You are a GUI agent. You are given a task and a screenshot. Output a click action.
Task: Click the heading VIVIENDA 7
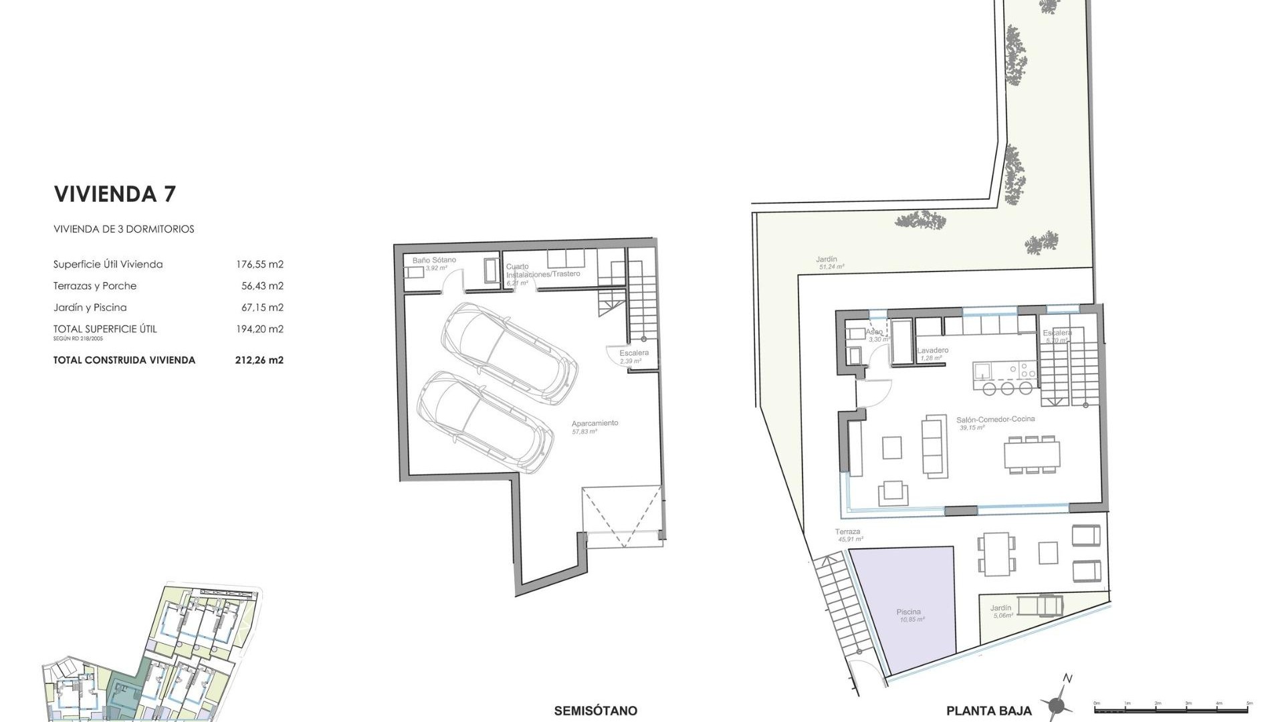[x=114, y=194]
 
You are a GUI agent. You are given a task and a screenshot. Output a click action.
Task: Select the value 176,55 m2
[x=259, y=264]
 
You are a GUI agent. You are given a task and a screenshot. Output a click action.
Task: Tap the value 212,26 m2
[x=259, y=360]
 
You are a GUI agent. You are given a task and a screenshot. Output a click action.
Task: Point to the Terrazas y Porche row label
[x=95, y=285]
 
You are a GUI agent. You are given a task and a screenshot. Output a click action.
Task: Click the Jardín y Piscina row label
[x=90, y=308]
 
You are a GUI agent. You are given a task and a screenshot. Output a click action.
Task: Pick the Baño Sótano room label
[x=434, y=260]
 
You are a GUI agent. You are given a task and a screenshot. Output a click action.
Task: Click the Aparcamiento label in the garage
[x=595, y=423]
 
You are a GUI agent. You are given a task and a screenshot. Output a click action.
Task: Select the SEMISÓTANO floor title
[x=595, y=711]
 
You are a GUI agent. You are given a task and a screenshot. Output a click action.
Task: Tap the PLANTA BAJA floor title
[x=988, y=711]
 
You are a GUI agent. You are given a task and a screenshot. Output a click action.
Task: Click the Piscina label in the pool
[x=908, y=612]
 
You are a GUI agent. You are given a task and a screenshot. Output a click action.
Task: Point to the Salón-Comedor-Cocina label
[x=995, y=419]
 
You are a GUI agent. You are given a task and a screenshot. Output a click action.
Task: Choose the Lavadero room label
[x=932, y=350]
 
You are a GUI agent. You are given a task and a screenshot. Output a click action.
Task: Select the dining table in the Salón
[x=1031, y=455]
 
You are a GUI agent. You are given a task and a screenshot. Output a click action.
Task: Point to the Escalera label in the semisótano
[x=633, y=353]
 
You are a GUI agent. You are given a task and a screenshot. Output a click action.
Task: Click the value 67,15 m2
[x=262, y=308]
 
